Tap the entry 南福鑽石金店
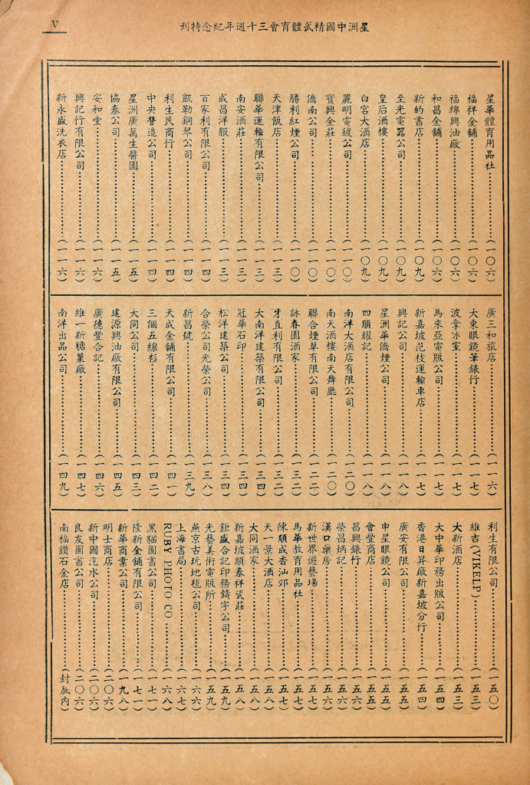click(x=62, y=560)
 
